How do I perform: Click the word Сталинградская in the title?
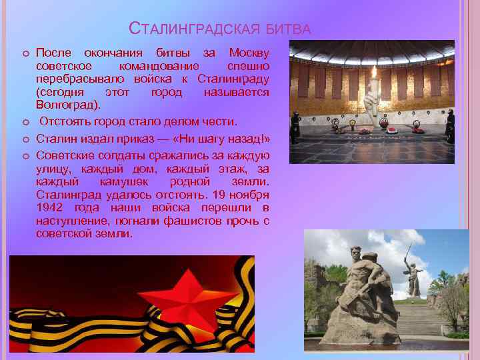click(x=190, y=29)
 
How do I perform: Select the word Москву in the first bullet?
click(x=249, y=53)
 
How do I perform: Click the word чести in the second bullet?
click(x=219, y=122)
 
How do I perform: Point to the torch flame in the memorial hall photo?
click(x=374, y=71)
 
